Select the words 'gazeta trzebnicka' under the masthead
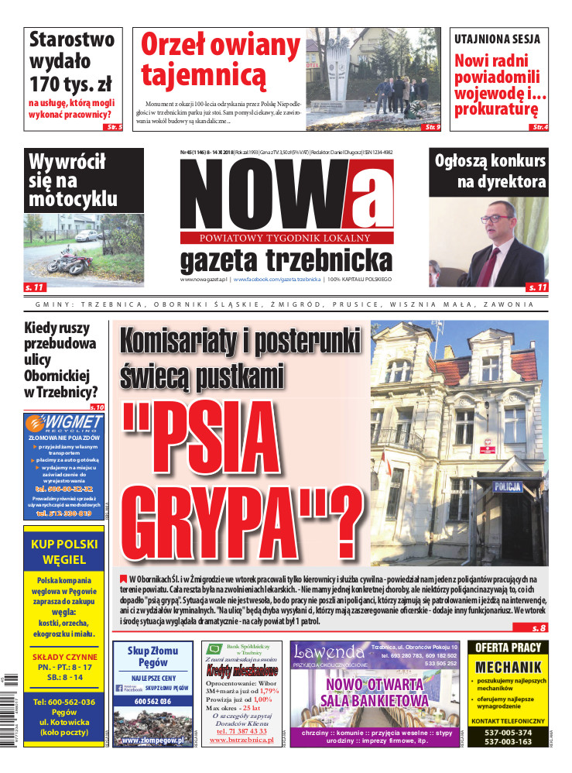pyautogui.click(x=286, y=259)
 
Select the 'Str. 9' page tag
pyautogui.click(x=432, y=126)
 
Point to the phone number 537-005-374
pyautogui.click(x=508, y=732)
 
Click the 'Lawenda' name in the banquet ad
pyautogui.click(x=329, y=651)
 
